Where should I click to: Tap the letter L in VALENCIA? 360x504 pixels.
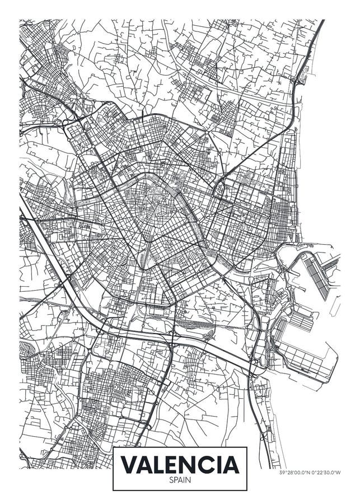(x=158, y=465)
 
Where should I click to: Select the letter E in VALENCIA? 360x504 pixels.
(x=173, y=465)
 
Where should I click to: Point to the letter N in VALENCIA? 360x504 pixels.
(x=190, y=465)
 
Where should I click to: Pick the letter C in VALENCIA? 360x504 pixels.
(x=208, y=465)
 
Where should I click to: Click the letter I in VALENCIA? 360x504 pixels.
(x=219, y=465)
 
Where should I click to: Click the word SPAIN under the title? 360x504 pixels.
(x=180, y=480)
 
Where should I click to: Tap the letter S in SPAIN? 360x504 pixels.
(x=172, y=480)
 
